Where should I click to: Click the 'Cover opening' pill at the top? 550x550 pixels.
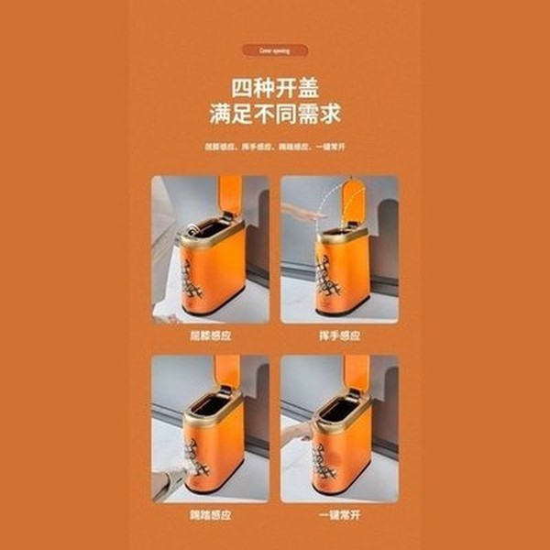point(275,50)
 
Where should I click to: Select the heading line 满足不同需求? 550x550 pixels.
point(275,116)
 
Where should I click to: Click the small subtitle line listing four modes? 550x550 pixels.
point(275,146)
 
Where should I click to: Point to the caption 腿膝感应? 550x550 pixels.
point(211,335)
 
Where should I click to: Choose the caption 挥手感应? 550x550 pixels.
point(338,335)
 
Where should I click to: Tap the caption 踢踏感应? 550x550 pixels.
point(211,516)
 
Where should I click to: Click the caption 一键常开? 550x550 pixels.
point(338,516)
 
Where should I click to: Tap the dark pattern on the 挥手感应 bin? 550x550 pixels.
point(329,275)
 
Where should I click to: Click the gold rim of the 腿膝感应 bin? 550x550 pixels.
point(211,236)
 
